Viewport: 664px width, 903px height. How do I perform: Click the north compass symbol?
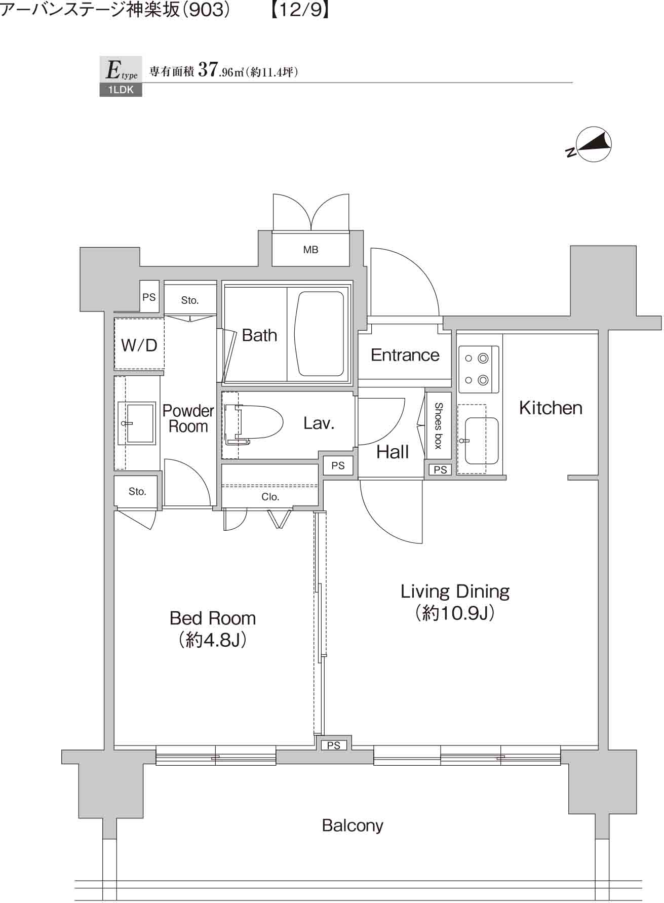594,144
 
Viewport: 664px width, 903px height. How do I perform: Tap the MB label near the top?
310,250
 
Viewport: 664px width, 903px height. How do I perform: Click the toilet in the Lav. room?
256,422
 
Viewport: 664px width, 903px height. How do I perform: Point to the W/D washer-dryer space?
139,344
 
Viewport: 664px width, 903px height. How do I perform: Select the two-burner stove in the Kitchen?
478,369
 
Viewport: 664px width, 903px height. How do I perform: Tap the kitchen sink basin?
481,440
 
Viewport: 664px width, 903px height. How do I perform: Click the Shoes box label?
439,425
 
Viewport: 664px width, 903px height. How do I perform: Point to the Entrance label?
405,355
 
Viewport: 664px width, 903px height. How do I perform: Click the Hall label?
392,452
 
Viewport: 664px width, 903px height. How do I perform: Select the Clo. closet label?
270,497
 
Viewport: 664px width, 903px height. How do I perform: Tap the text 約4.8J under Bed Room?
213,640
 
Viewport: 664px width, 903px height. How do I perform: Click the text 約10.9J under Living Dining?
455,613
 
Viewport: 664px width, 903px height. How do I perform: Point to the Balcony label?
353,825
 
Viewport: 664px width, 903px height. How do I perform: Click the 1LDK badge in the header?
121,90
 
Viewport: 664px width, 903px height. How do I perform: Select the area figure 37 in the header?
208,69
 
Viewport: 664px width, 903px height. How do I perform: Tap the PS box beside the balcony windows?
333,745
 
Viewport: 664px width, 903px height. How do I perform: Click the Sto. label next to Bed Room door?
137,491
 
